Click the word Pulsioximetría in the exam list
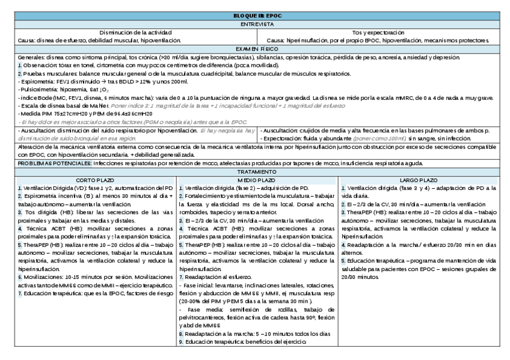(x=37, y=88)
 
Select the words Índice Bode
(x=35, y=97)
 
